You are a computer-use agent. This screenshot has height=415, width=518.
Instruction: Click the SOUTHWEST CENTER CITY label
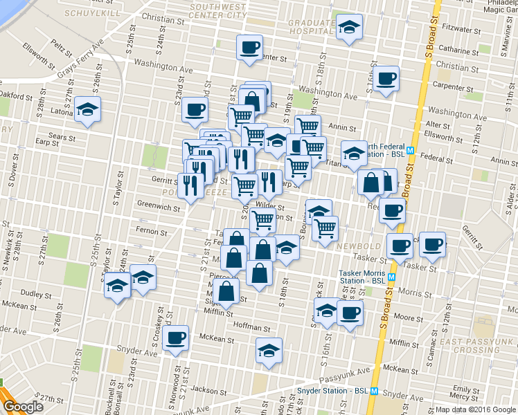coord(217,10)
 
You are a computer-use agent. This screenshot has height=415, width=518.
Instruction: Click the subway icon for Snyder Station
coord(374,391)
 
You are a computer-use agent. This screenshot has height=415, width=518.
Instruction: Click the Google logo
coord(23,407)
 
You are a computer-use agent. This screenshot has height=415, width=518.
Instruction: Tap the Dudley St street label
coord(32,293)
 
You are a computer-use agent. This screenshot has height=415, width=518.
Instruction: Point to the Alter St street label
coord(438,124)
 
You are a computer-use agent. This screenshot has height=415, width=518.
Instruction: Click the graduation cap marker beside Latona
coord(88,109)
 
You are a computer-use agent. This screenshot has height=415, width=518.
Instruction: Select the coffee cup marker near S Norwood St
coord(176,338)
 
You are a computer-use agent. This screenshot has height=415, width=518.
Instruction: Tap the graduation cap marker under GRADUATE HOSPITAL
coord(349,28)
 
